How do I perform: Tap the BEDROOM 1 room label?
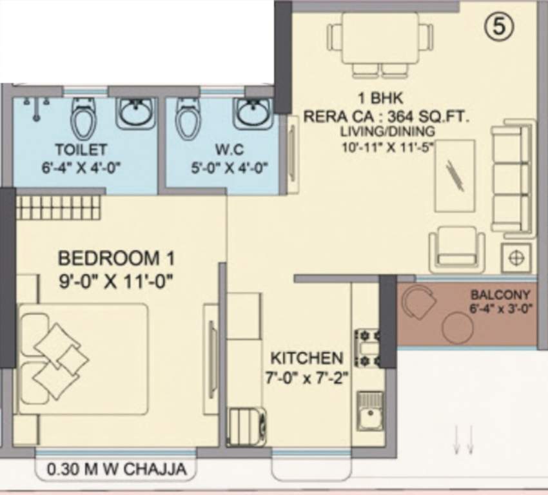click(x=116, y=258)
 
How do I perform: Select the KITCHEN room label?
click(x=306, y=358)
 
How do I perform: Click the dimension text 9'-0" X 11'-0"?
click(x=116, y=281)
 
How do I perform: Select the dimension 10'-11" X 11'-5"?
click(x=388, y=146)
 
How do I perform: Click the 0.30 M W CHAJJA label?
click(x=117, y=470)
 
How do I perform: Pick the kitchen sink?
click(x=370, y=409)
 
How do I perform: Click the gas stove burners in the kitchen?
click(x=367, y=347)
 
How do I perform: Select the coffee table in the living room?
click(x=455, y=175)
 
